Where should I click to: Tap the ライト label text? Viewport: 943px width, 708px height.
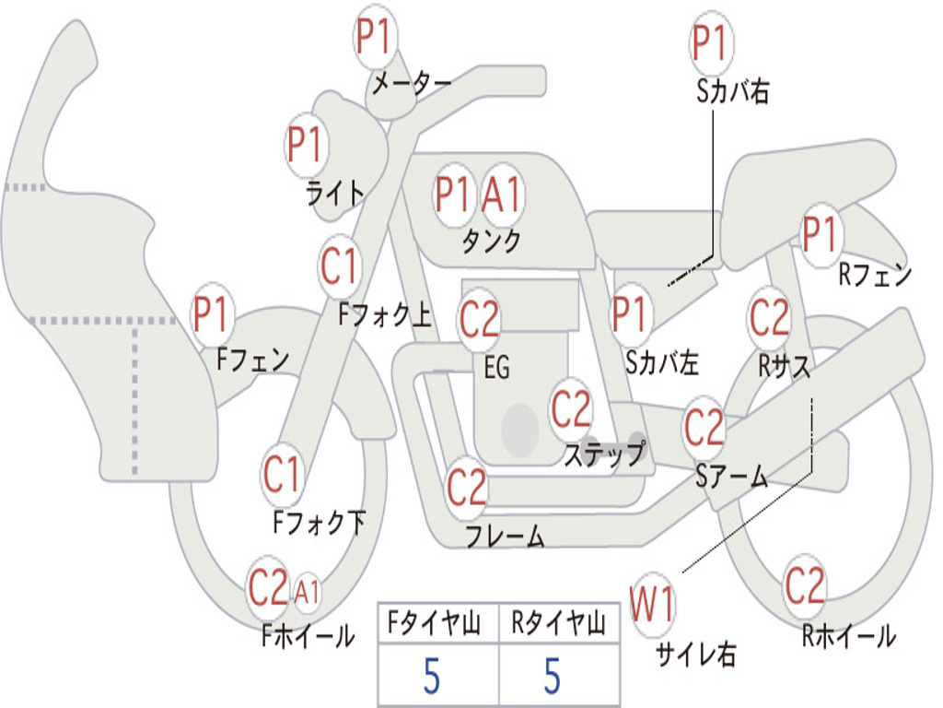(335, 192)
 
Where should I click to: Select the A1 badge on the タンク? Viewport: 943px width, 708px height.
(502, 195)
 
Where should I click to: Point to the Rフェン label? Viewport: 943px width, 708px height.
(874, 275)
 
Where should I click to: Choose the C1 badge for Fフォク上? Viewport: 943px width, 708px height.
(340, 266)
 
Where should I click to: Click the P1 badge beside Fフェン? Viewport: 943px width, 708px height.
(213, 315)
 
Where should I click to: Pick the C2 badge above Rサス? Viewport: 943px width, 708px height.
(769, 317)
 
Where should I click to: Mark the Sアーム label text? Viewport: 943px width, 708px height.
(731, 477)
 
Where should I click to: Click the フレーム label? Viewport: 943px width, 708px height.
(505, 536)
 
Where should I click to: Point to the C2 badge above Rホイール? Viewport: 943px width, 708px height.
(805, 585)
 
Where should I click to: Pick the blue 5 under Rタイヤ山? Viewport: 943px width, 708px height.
(552, 677)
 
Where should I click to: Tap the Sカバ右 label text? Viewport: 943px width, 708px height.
(734, 92)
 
